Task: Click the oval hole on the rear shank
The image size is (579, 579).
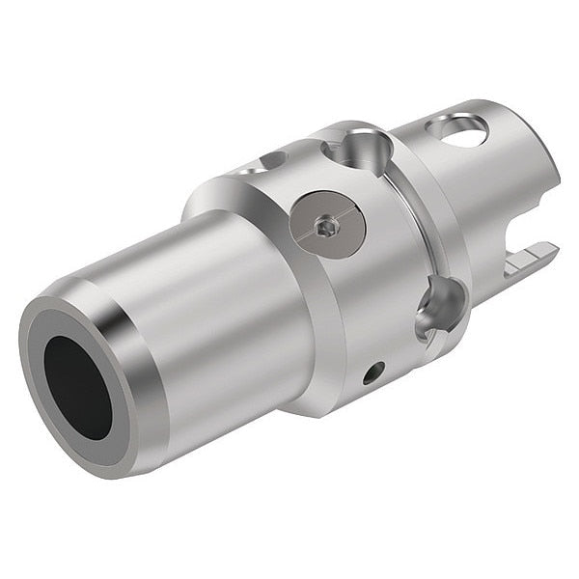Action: pos(460,130)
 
